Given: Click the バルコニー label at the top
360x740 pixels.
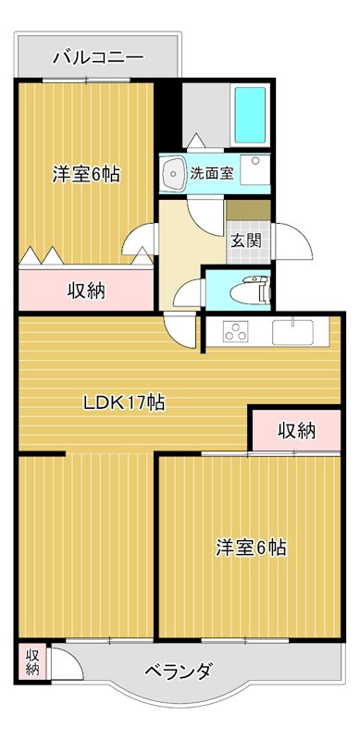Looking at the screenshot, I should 97,57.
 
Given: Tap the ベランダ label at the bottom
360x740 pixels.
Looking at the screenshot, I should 181,671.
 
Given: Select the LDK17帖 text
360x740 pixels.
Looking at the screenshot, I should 126,402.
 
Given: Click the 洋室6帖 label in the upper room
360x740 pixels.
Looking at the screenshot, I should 85,173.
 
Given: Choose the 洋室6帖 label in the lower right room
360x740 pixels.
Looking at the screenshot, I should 251,548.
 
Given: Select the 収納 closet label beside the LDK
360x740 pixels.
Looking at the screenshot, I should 296,429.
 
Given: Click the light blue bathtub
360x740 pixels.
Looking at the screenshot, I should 251,116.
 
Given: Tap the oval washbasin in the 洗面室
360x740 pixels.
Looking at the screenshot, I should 173,172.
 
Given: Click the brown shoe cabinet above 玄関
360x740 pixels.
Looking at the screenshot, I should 248,209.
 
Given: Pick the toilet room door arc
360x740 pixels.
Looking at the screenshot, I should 187,294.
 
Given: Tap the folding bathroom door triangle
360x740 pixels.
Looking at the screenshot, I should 195,141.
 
